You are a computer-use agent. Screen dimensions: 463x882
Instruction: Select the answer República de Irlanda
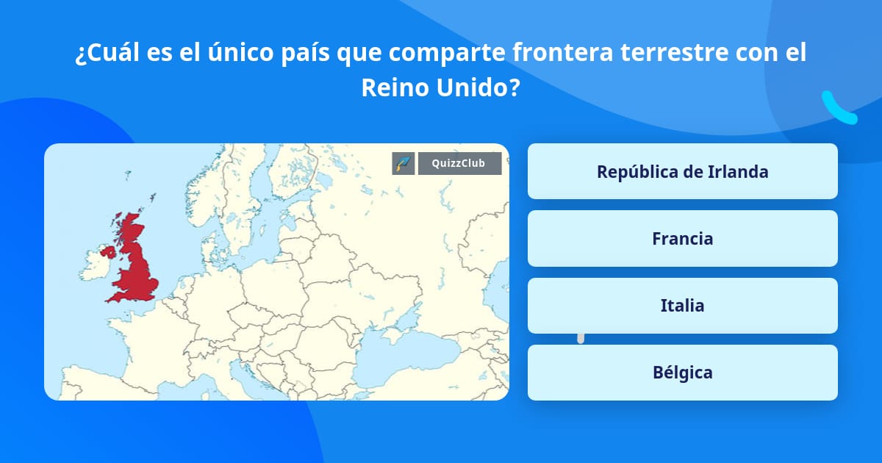[682, 171]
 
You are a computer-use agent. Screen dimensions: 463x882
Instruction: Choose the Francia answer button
[682, 238]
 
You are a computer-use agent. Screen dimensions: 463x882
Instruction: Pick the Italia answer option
[682, 306]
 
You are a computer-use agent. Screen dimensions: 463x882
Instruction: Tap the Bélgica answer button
[682, 373]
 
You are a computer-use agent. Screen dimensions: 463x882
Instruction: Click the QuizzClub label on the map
[459, 163]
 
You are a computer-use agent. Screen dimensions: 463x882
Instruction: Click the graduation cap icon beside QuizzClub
[404, 163]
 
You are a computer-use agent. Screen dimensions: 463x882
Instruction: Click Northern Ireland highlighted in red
[109, 251]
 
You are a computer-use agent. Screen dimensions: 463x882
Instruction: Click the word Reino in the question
[395, 88]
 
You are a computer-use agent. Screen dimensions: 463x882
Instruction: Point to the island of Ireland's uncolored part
[96, 268]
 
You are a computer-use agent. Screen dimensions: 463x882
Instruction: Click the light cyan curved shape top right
[839, 108]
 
